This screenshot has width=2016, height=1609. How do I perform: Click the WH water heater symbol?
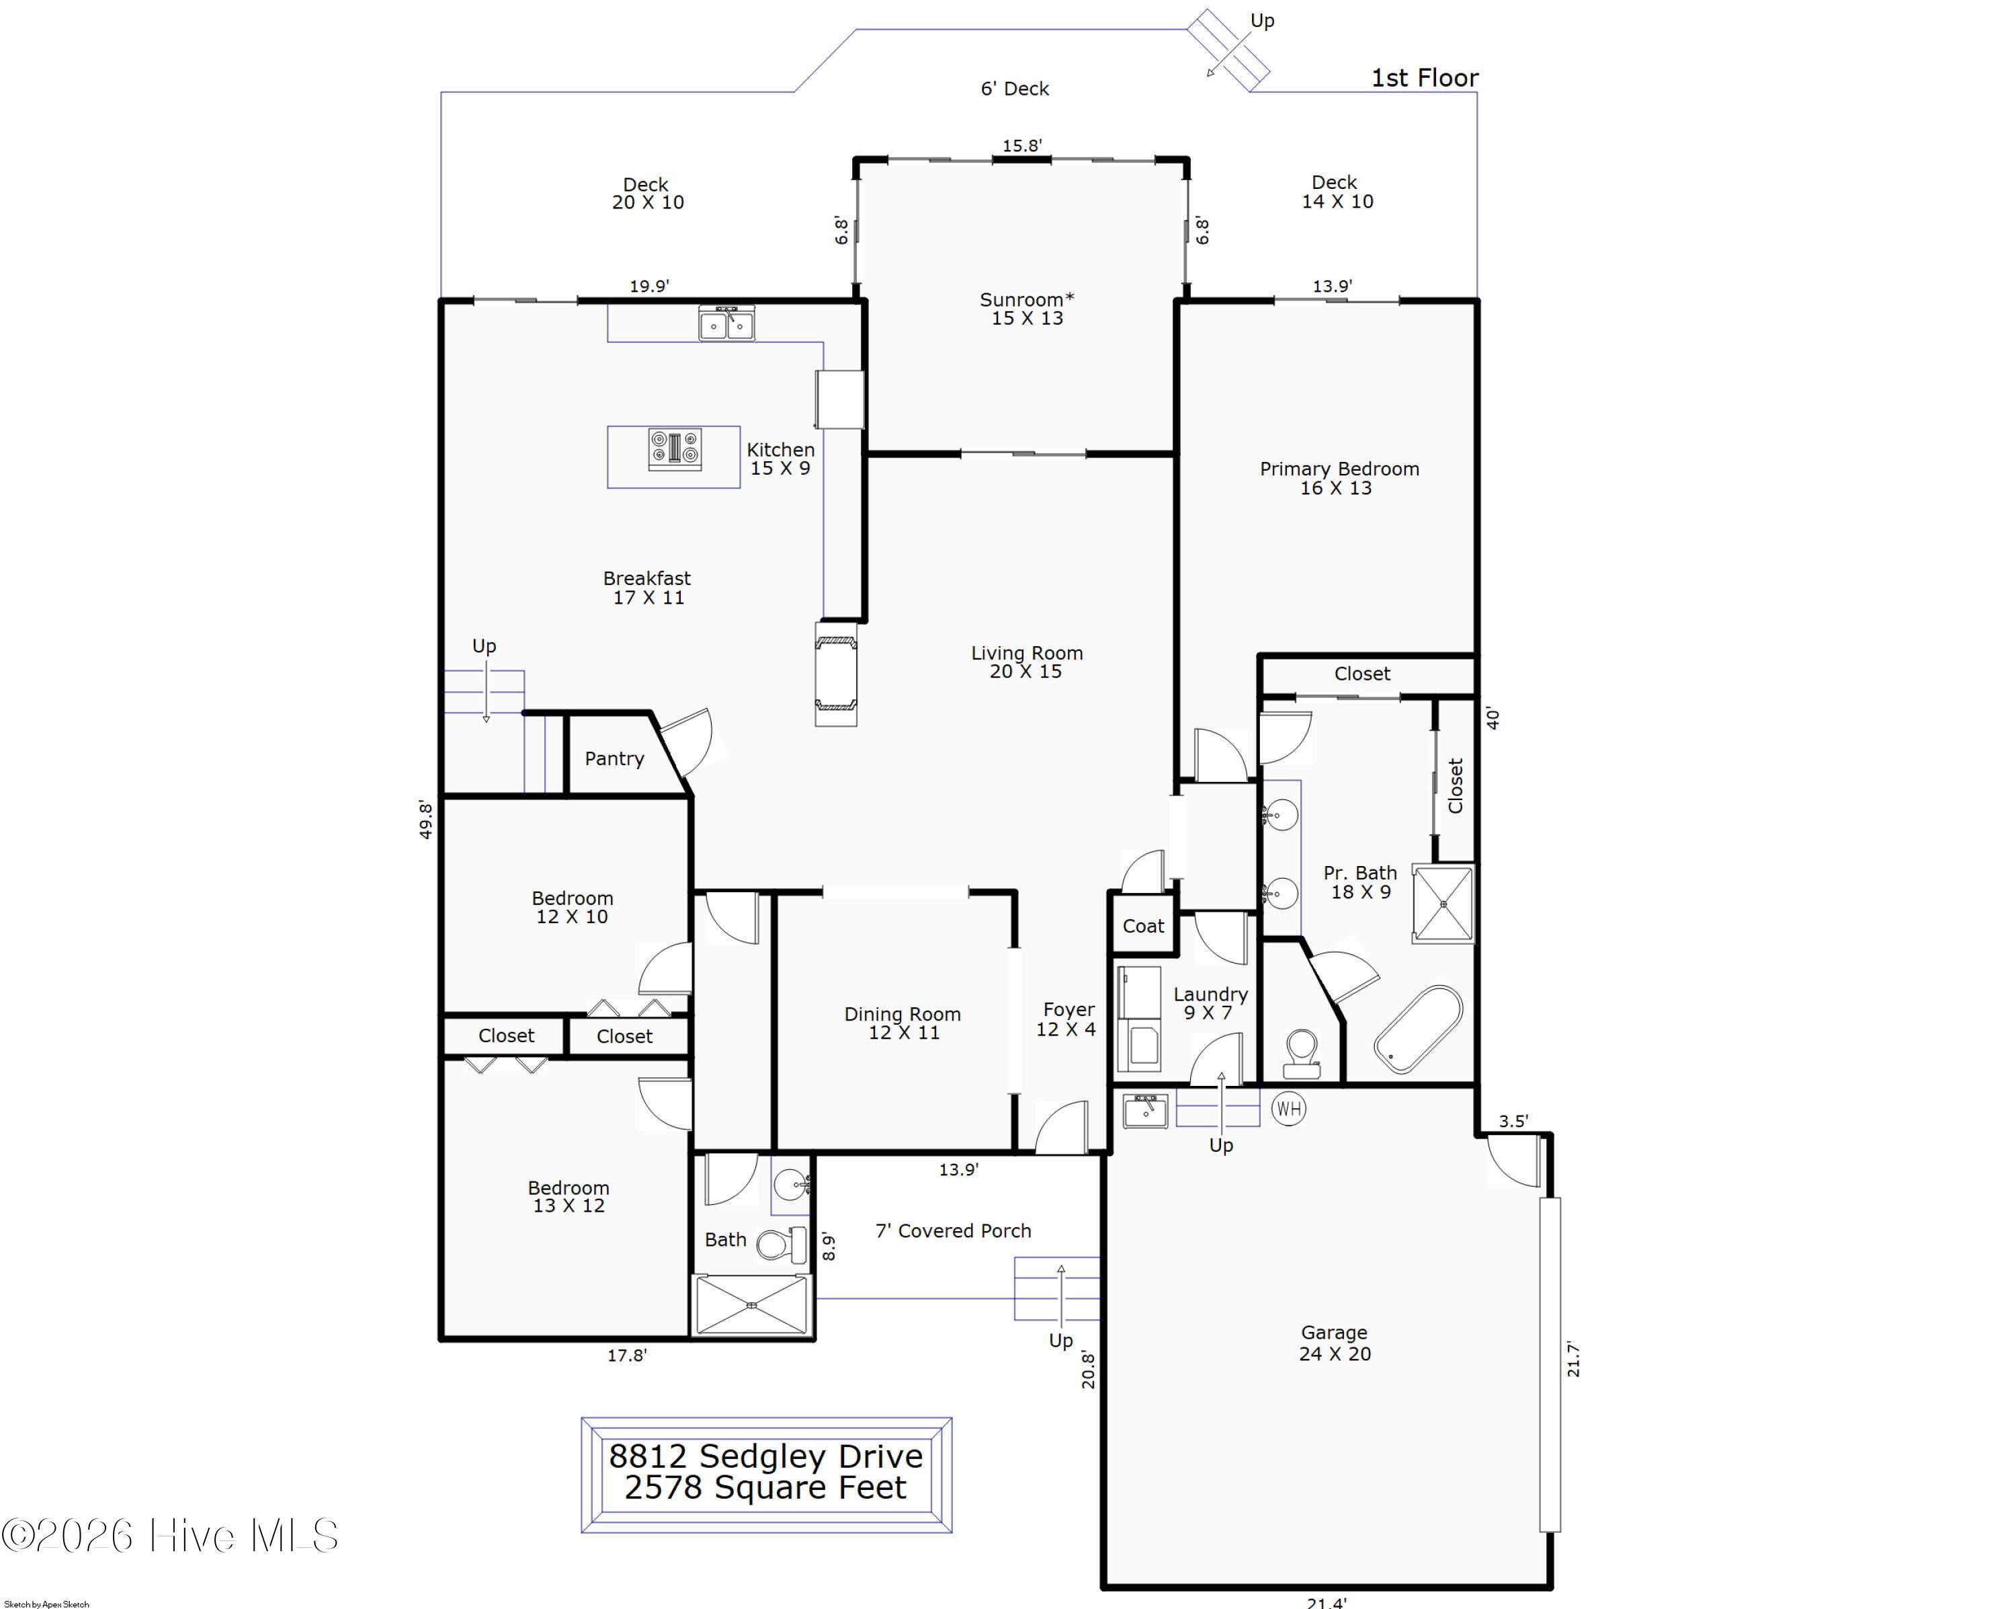tap(1288, 1109)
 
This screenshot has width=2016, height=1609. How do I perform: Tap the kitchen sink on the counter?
tap(726, 323)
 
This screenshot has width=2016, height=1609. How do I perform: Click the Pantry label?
tap(614, 758)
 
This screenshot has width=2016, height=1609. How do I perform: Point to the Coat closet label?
tap(1142, 926)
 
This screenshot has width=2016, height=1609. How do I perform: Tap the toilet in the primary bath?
tap(1302, 1054)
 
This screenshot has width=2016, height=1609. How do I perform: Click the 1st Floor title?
tap(1424, 77)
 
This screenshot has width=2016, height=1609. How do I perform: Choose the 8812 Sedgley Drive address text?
tap(766, 1456)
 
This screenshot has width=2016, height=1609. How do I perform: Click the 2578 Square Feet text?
tap(766, 1487)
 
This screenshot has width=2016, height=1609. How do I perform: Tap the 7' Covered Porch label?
tap(953, 1231)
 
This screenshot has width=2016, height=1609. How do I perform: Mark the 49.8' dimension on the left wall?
tap(425, 820)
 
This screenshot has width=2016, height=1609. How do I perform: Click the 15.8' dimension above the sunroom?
tap(1022, 146)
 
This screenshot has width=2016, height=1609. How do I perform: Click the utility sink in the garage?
tap(1144, 1111)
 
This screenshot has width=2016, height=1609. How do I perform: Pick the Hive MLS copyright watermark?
tap(170, 1536)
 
